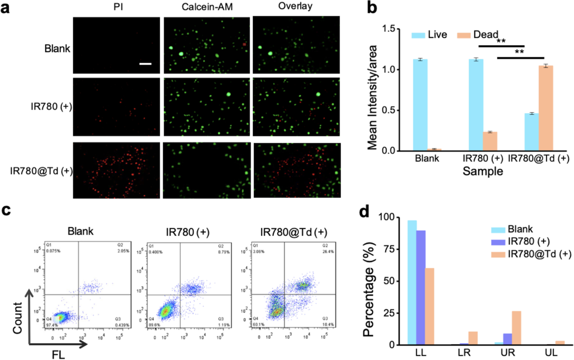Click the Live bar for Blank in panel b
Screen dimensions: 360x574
click(420, 105)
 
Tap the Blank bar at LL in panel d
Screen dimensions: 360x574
click(412, 283)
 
